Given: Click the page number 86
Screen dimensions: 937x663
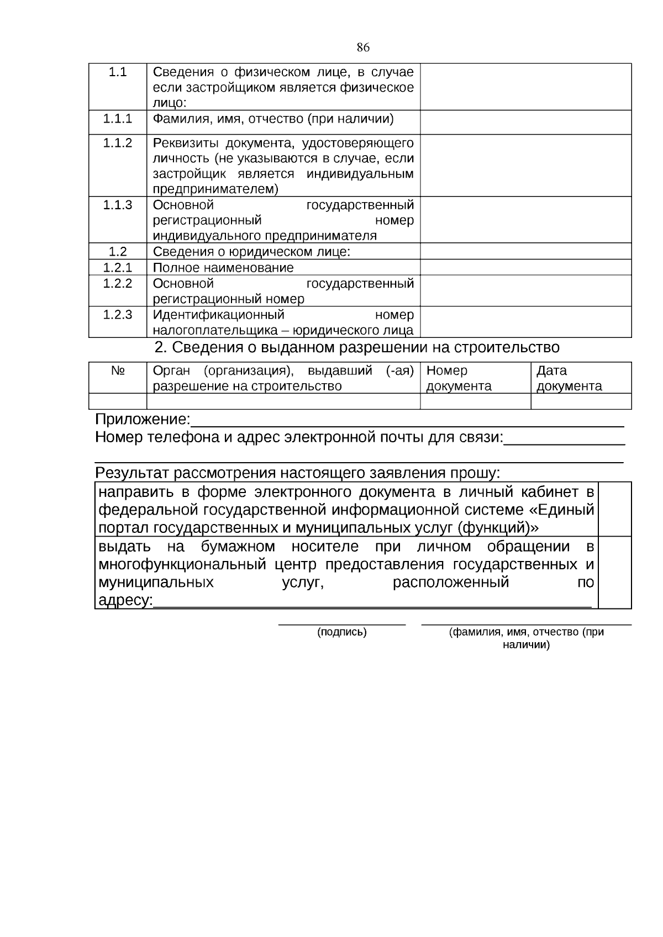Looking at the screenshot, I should pyautogui.click(x=363, y=47).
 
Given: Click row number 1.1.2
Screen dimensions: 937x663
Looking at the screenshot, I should pyautogui.click(x=118, y=143).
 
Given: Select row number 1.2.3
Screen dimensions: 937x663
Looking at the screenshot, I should pyautogui.click(x=118, y=315).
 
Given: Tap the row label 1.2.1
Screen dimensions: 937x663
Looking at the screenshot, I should pyautogui.click(x=118, y=268).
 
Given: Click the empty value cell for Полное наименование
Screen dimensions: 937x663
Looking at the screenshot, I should pyautogui.click(x=525, y=268).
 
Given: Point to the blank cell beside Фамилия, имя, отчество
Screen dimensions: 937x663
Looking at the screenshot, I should pyautogui.click(x=525, y=122).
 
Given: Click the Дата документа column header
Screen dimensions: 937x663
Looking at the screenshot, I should pyautogui.click(x=569, y=378).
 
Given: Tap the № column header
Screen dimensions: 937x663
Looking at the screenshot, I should pyautogui.click(x=118, y=370).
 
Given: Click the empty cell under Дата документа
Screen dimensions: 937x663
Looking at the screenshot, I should pyautogui.click(x=581, y=401).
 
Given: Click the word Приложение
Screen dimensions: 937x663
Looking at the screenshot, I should pyautogui.click(x=142, y=420).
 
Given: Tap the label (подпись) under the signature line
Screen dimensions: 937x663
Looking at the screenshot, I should pyautogui.click(x=341, y=632).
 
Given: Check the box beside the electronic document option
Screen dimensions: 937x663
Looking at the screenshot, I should pyautogui.click(x=615, y=509).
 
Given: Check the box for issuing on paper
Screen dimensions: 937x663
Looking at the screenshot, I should pyautogui.click(x=615, y=573).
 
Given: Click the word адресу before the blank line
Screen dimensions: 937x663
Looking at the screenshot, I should pyautogui.click(x=124, y=600).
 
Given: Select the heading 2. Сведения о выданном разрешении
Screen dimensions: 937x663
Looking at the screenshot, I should pyautogui.click(x=357, y=348).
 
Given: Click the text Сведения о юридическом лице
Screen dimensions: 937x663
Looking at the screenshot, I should pyautogui.click(x=251, y=252).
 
